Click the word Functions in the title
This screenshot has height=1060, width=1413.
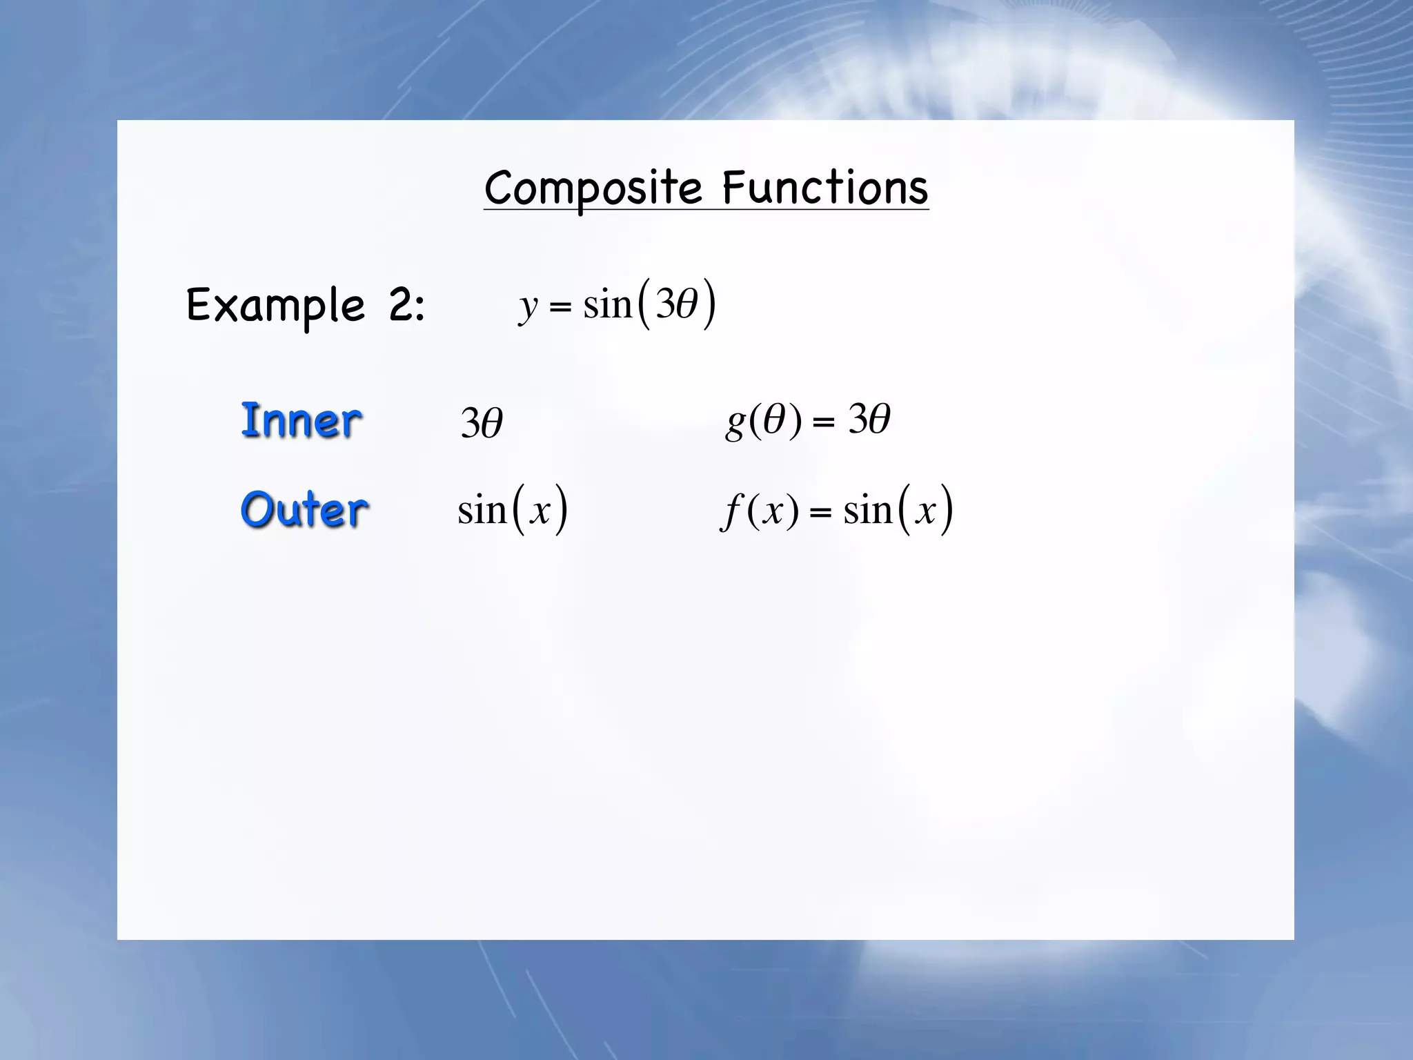[x=825, y=188]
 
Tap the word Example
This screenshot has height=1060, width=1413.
[x=275, y=306]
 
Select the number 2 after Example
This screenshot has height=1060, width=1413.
[x=401, y=306]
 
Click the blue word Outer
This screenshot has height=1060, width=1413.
[x=304, y=509]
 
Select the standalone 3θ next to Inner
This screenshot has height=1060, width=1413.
[x=482, y=423]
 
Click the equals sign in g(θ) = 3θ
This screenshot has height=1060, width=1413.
[x=823, y=422]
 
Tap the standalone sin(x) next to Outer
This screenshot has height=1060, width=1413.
[x=513, y=511]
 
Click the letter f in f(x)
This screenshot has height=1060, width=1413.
[x=730, y=512]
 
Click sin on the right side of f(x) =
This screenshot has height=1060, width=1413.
[x=868, y=511]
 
